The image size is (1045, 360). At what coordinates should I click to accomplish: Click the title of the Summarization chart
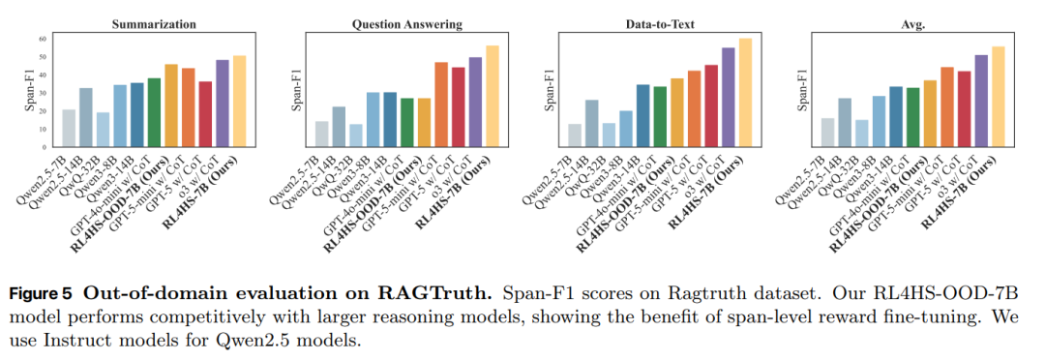click(x=154, y=24)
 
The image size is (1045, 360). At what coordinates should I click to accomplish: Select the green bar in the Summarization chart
click(x=154, y=112)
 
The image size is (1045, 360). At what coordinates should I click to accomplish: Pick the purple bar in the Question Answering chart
click(x=475, y=102)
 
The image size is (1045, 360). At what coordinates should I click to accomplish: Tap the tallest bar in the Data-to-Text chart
click(x=745, y=93)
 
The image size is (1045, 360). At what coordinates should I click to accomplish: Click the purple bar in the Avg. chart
click(x=980, y=101)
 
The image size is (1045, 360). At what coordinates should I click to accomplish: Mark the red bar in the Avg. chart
click(x=964, y=108)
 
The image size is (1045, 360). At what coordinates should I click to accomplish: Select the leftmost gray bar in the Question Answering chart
click(x=322, y=134)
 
